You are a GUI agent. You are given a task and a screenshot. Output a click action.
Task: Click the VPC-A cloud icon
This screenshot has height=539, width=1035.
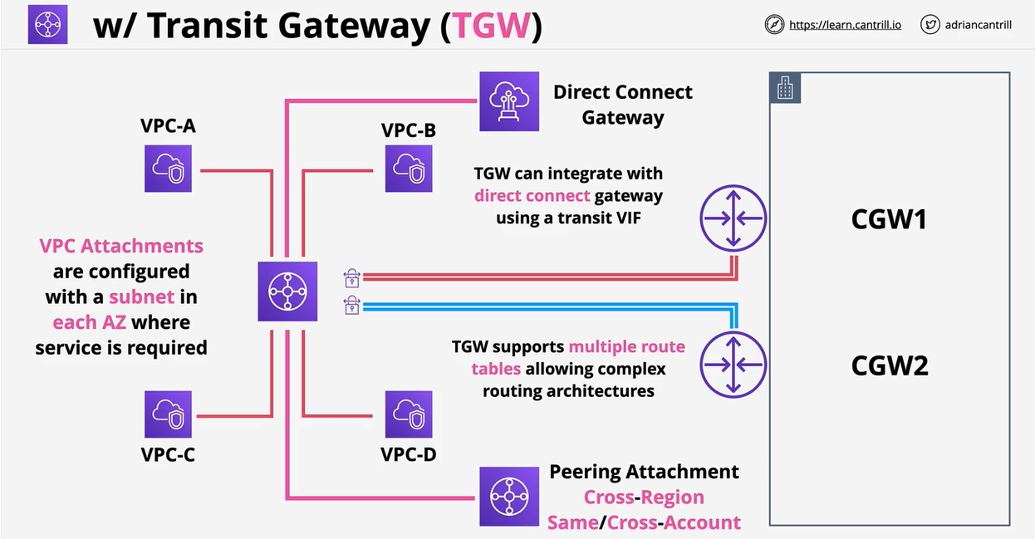pos(168,169)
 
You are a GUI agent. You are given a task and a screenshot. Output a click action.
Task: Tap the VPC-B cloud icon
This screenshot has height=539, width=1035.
pos(409,169)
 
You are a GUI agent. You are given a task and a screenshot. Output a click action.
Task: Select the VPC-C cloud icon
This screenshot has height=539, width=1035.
pos(168,414)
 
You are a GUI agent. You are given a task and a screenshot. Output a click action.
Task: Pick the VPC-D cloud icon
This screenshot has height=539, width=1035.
pos(409,414)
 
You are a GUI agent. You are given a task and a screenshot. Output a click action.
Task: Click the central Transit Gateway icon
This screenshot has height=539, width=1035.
pos(287,291)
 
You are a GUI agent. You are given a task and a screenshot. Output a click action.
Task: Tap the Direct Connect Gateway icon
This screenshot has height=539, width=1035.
pos(509,101)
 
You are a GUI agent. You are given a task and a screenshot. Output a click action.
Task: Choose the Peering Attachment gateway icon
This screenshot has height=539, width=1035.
pos(509,497)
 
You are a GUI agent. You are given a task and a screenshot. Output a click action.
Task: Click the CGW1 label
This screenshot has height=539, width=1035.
pos(889,219)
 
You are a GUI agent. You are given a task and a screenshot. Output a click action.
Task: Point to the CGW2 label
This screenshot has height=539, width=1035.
pos(889,365)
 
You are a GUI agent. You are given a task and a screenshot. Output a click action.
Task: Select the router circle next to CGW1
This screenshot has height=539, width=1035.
pos(733,218)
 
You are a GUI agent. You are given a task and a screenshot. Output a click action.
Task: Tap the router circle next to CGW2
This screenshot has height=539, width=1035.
pos(733,365)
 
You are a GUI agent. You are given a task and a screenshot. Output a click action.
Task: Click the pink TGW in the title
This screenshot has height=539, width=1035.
pos(489,27)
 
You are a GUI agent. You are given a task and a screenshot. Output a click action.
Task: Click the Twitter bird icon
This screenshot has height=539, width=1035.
pos(930,25)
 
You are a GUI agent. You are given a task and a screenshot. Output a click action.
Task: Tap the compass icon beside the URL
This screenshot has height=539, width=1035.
pos(774,25)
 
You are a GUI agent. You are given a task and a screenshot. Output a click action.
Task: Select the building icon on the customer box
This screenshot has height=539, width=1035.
pos(785,88)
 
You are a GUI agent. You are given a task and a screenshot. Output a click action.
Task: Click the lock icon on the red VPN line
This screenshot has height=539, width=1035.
pos(351,277)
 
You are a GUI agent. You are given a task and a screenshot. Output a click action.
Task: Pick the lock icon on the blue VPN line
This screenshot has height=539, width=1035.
pos(351,306)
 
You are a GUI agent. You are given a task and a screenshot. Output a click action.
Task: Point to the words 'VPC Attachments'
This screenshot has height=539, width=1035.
pos(121,246)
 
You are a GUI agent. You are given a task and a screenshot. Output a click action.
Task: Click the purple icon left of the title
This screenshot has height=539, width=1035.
pos(47,24)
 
